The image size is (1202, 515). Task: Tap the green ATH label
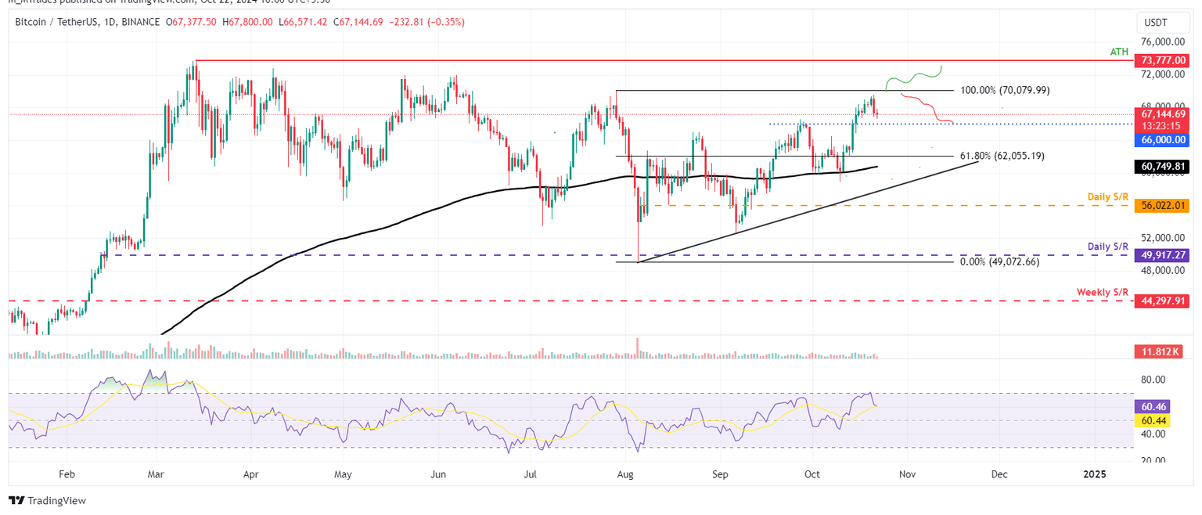pos(1120,51)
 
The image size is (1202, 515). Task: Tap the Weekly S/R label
pos(1103,291)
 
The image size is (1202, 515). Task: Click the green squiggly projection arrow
pos(914,77)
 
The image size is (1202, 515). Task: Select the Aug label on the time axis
pos(624,474)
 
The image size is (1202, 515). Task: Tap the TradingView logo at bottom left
pos(48,500)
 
